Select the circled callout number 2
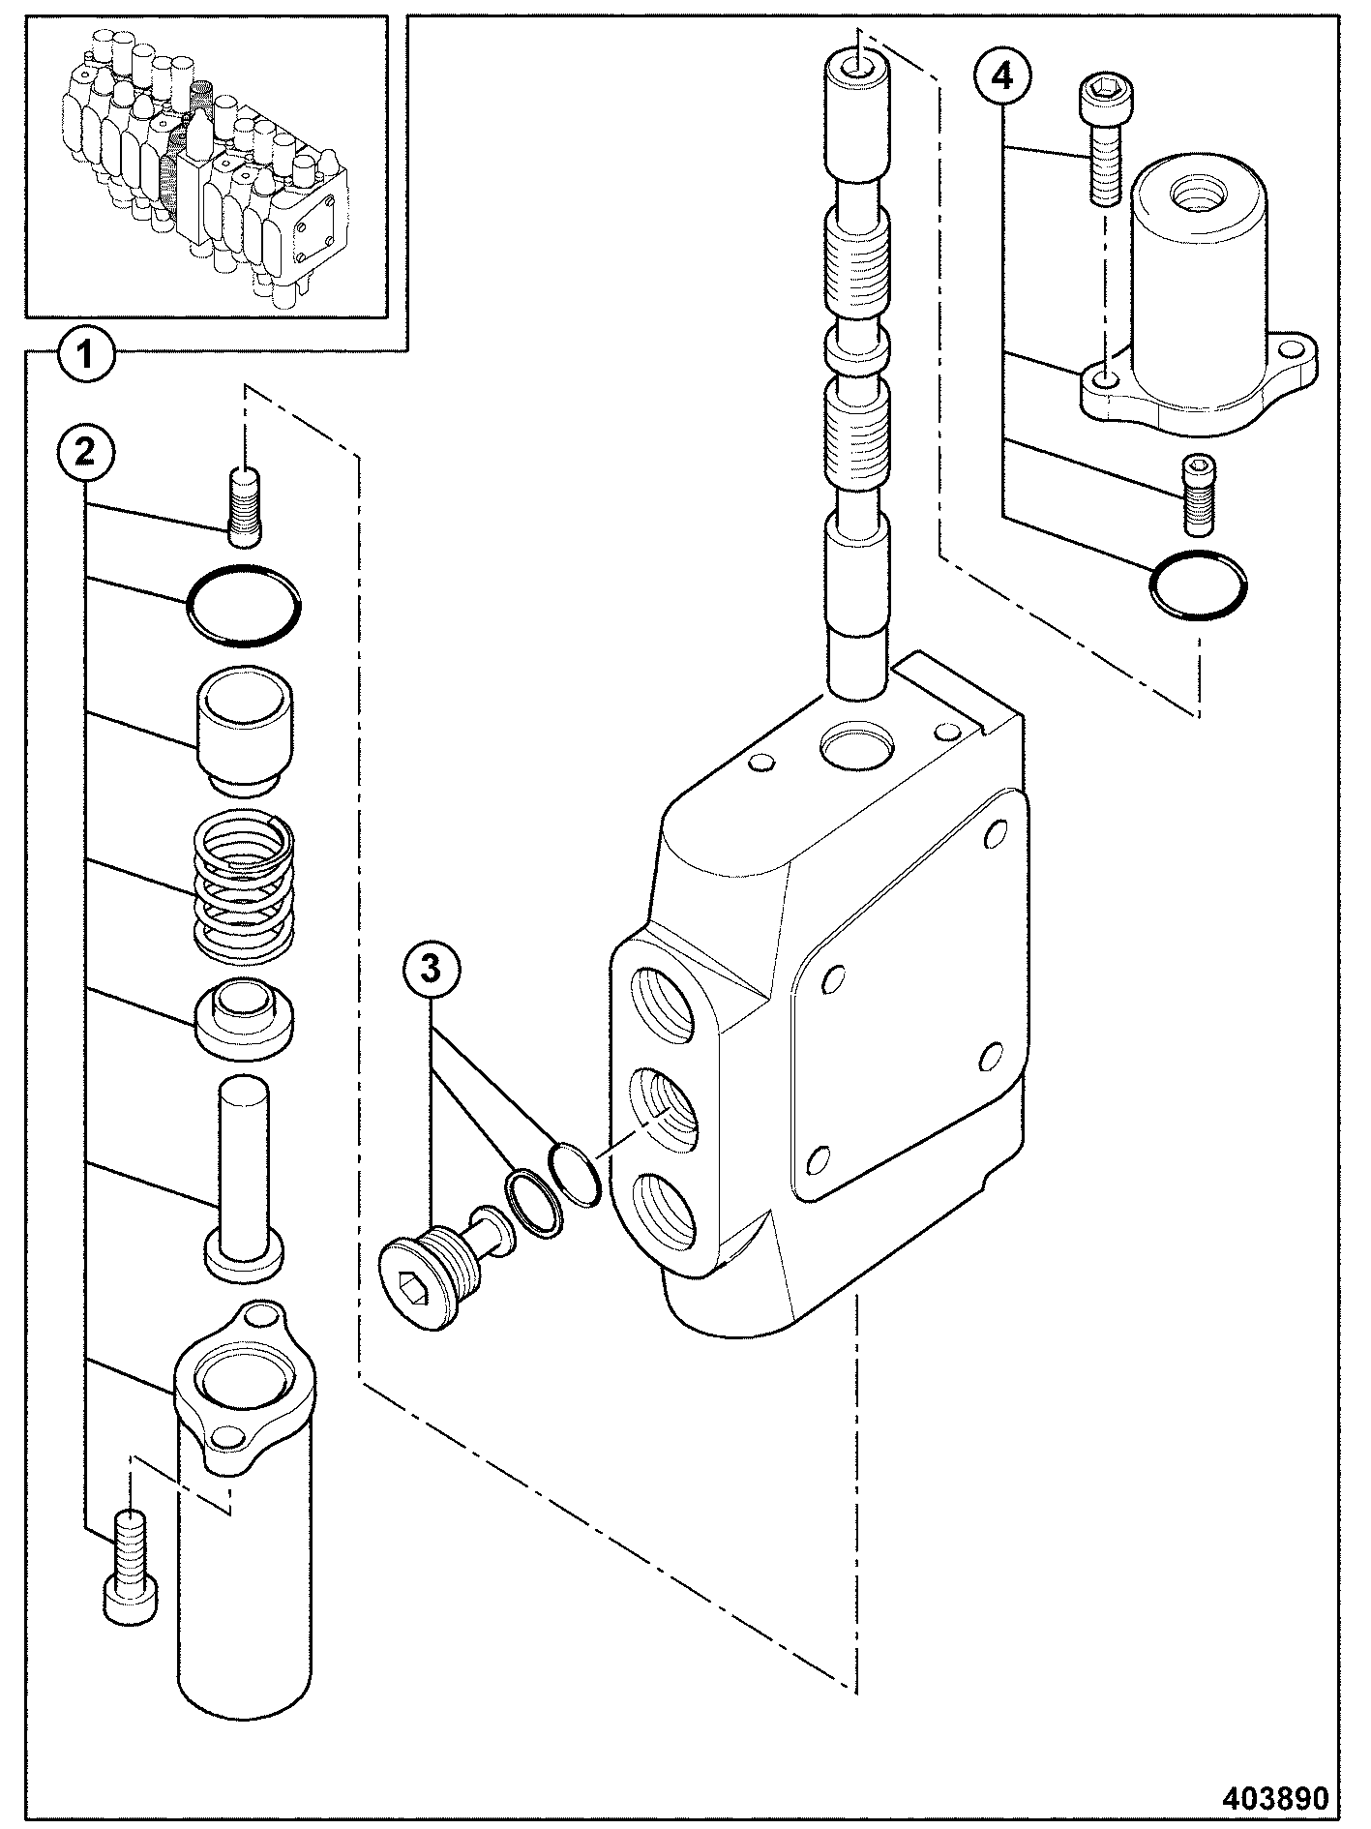tap(85, 450)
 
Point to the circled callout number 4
tap(1003, 75)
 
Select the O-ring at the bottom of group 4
tap(1199, 584)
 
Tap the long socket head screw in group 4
tap(1102, 139)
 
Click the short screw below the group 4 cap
tap(1199, 493)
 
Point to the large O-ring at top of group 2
tap(244, 605)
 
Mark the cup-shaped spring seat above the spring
tap(243, 731)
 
